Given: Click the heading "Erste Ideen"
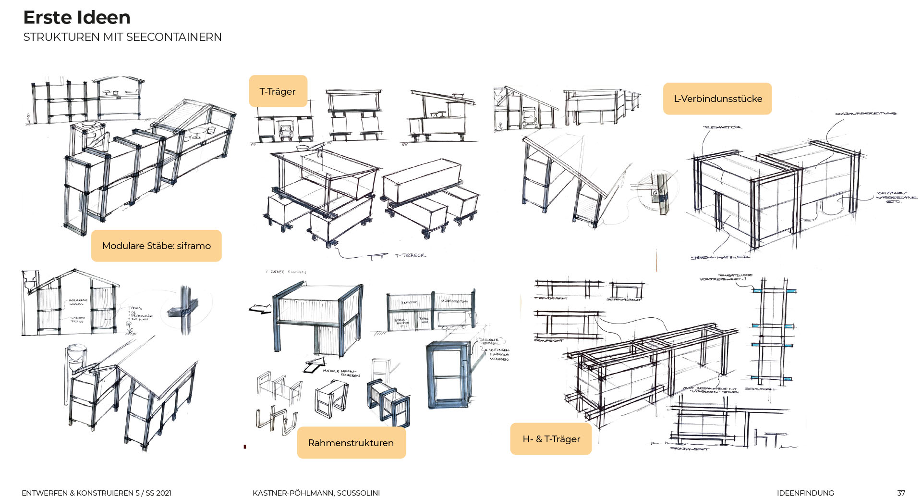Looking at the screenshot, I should click(77, 18).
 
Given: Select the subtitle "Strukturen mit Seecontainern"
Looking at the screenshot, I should click(122, 37).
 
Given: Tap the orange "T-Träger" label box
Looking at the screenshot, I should click(278, 91).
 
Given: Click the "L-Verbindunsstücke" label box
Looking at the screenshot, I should click(717, 99).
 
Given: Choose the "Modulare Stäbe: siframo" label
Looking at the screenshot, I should click(156, 246).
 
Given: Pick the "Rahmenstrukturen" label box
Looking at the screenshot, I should click(351, 443).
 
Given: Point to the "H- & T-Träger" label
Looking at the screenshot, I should click(551, 439).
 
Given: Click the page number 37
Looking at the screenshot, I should click(901, 493).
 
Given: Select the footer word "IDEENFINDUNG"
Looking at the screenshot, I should click(805, 493).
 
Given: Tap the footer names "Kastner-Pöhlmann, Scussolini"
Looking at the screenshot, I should click(316, 493).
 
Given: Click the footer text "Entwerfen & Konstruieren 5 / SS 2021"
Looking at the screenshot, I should click(97, 493).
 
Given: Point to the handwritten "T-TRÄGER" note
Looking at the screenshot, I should click(410, 255).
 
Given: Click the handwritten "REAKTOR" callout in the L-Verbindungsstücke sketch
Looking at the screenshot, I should click(722, 127).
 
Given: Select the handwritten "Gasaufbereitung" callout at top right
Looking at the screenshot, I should click(865, 114).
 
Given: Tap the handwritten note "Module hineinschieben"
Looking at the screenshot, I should click(341, 373).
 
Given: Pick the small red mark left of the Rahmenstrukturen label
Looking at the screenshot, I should click(245, 447).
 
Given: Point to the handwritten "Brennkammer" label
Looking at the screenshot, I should click(720, 258).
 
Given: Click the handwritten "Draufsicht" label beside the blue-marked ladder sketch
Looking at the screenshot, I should click(760, 389).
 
